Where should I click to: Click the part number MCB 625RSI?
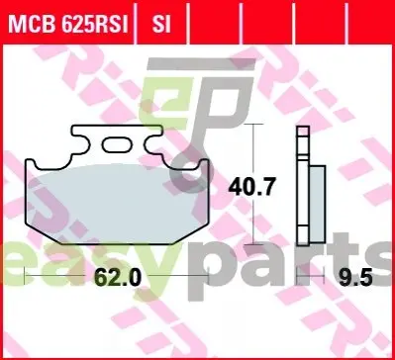point(68,24)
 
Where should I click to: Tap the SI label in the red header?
point(161,24)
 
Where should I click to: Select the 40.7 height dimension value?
point(251,187)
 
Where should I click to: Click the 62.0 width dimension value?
point(118,277)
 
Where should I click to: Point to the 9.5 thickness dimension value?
point(355,277)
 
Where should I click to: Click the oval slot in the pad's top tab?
point(116,145)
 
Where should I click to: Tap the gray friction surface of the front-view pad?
point(117,204)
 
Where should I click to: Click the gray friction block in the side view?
point(317,204)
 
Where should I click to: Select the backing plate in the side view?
point(303,186)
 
